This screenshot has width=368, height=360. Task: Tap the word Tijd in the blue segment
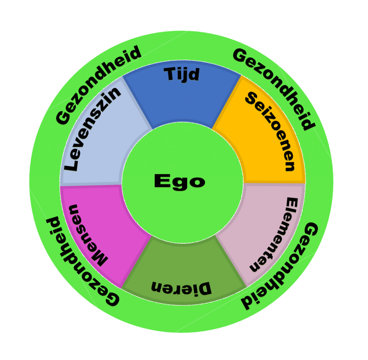[x=181, y=74]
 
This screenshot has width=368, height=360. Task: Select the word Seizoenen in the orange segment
[x=270, y=131]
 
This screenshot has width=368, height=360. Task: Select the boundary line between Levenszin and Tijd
[x=138, y=102]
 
